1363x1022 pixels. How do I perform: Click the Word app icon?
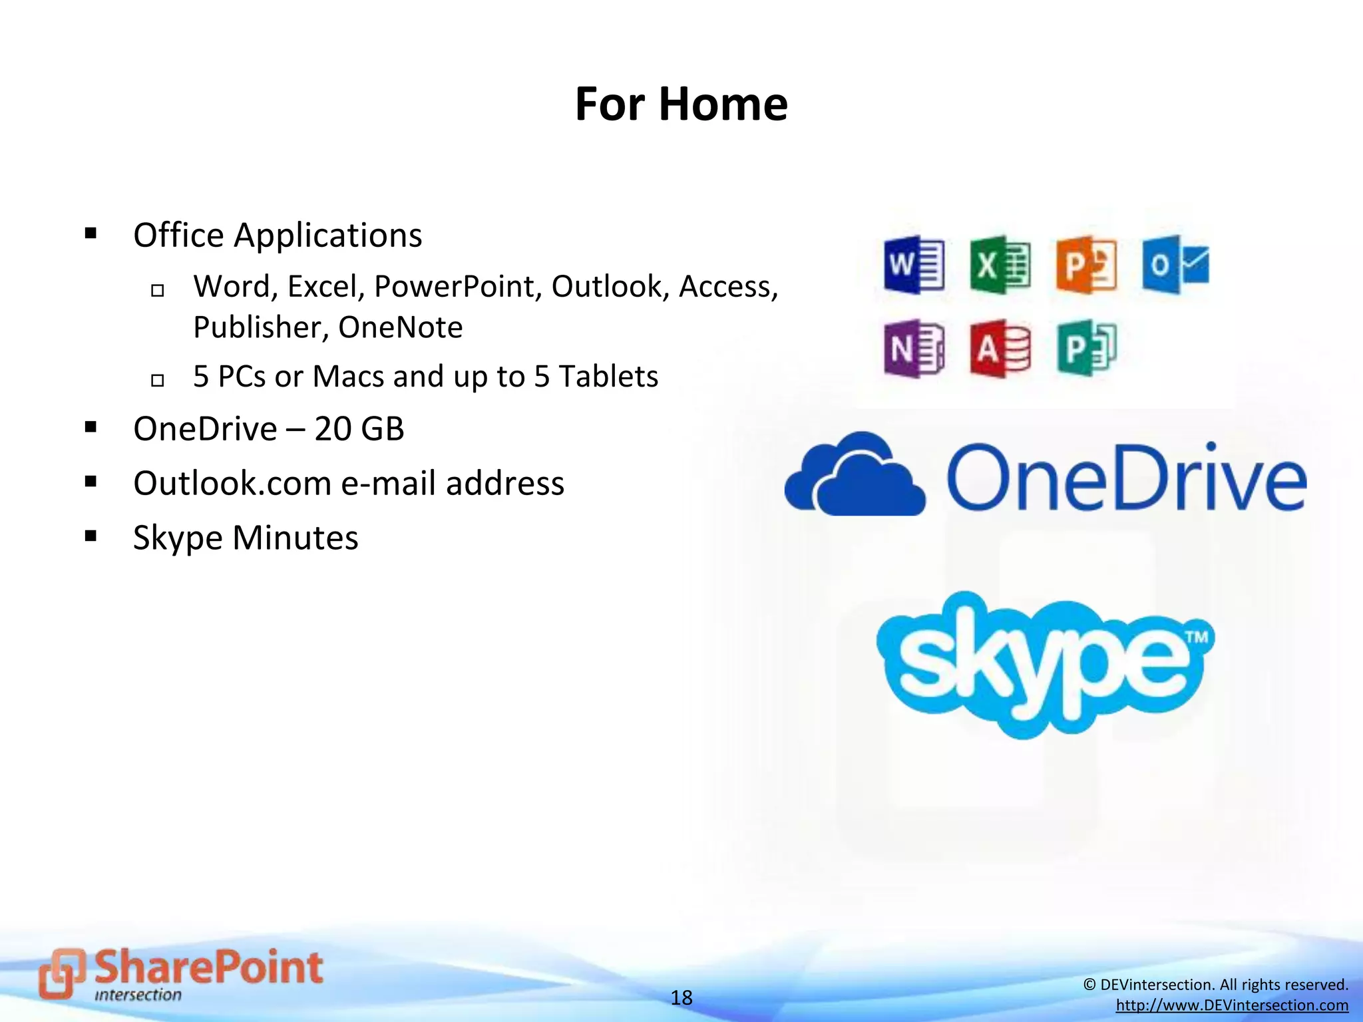[913, 265]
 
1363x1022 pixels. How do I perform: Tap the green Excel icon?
[1000, 265]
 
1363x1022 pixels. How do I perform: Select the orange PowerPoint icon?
[1086, 265]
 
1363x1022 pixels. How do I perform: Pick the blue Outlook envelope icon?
[1175, 265]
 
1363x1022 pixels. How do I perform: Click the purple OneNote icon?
[913, 349]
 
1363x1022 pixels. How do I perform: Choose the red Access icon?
[1000, 349]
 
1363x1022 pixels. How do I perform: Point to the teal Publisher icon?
[1086, 349]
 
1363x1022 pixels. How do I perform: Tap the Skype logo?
[1045, 664]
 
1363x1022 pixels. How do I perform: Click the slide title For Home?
[681, 104]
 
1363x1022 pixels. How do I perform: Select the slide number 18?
[681, 997]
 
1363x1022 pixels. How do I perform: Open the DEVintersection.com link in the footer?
[1232, 1005]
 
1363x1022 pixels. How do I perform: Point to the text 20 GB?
[359, 428]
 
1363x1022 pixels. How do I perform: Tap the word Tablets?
[608, 377]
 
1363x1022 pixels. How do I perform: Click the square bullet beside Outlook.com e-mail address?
[91, 481]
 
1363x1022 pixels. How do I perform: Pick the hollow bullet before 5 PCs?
[157, 381]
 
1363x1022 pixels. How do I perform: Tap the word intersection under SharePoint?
[138, 995]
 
